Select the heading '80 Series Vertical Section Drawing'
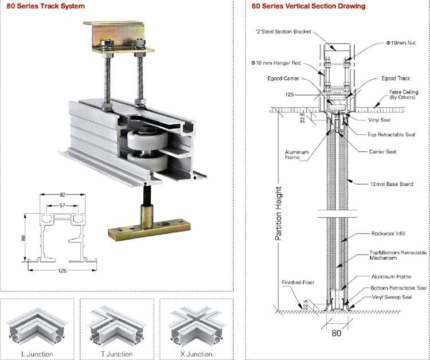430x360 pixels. tap(308, 6)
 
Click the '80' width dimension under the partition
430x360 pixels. tap(336, 331)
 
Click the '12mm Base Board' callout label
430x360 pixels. tap(391, 184)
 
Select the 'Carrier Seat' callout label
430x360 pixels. tap(382, 151)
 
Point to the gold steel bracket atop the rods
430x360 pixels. tap(118, 38)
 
